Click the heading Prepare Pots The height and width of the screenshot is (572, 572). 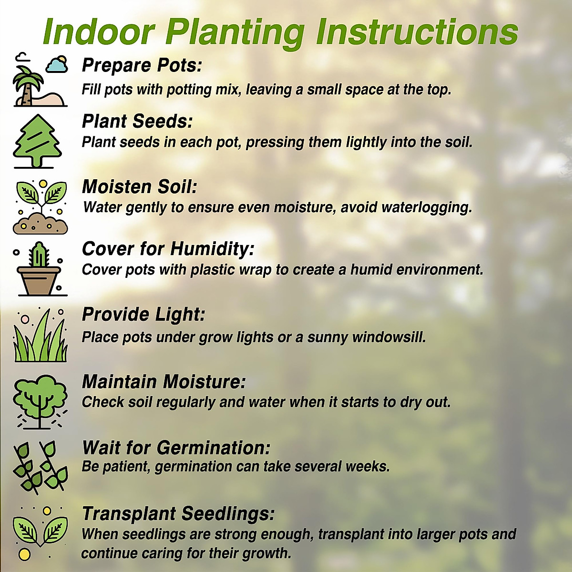[x=142, y=65]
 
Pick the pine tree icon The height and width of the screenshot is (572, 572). [x=37, y=141]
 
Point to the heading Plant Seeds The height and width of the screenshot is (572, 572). [x=137, y=121]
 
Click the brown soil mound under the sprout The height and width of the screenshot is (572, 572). [x=41, y=224]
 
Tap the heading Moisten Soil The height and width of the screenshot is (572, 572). [x=140, y=187]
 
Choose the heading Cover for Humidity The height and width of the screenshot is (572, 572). [x=168, y=249]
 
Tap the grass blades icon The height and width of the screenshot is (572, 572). [x=41, y=337]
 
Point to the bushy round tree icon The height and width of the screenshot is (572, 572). [x=40, y=399]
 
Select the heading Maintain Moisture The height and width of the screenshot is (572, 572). [x=164, y=382]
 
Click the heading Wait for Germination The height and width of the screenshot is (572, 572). [x=176, y=448]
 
